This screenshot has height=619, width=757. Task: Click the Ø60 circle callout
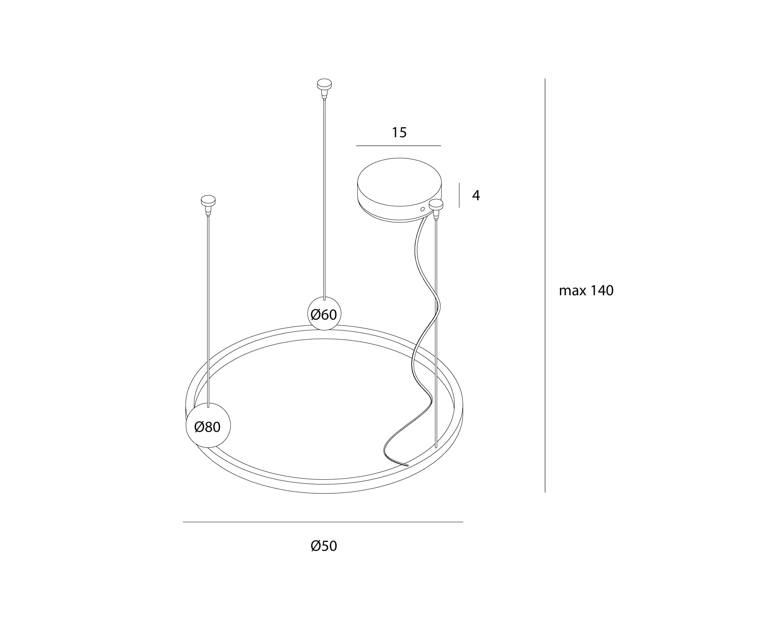coord(324,314)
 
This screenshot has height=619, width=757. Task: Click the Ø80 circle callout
coord(208,425)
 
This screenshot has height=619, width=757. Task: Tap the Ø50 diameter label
coord(324,546)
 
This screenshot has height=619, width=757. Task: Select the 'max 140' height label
coord(586,291)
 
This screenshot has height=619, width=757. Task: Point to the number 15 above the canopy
coord(399,133)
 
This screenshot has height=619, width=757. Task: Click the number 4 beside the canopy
coord(476,195)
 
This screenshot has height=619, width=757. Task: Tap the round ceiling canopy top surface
coord(399,182)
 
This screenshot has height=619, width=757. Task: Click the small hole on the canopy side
coord(422,209)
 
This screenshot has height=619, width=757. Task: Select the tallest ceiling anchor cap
coord(324,84)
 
